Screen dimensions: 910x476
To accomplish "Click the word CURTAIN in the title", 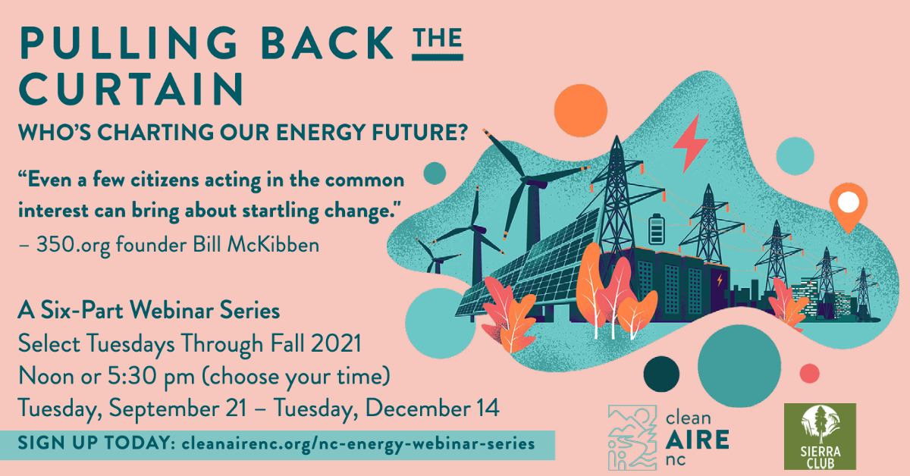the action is coord(131,89).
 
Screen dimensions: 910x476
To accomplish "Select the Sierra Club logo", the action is coord(820,437).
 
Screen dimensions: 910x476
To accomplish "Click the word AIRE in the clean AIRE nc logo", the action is coord(697,440).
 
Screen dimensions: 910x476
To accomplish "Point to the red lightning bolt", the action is coord(690,143).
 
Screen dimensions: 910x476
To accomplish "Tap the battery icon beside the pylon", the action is coord(657,229).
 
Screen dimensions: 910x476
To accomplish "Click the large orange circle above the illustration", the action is coord(581,111).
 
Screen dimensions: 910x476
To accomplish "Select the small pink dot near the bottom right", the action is coord(809,373).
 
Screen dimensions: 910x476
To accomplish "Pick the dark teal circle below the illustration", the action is coord(661,374).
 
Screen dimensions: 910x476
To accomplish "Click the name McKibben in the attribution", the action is coord(273,245).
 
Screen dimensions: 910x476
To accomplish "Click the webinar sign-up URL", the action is coord(358,444).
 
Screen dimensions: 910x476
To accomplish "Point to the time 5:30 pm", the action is coord(151,377).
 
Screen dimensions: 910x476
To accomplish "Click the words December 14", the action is coord(432,408).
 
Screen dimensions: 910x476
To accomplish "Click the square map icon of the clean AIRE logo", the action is coord(632,438).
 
